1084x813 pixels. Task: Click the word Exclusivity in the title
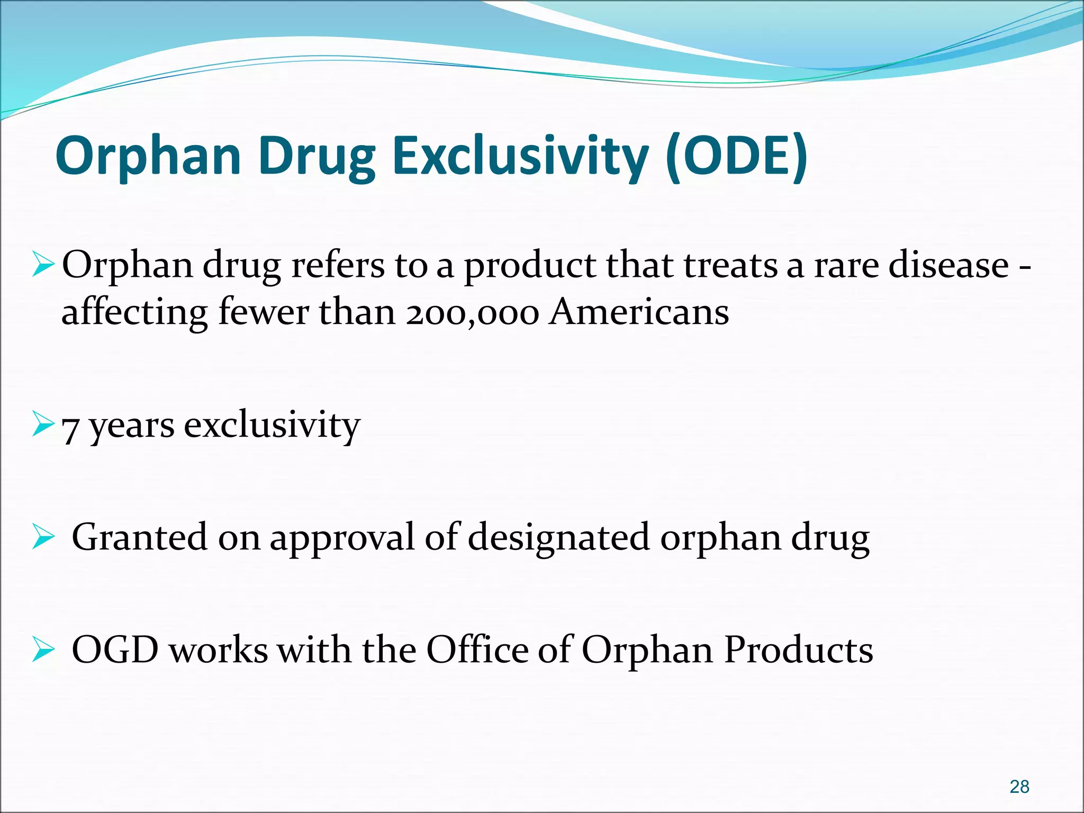520,157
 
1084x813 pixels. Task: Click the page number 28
1019,787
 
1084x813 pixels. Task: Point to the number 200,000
473,312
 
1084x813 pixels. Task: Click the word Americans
639,312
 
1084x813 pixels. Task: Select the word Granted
139,537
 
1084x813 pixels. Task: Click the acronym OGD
115,650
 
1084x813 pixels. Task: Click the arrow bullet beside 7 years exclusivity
43,424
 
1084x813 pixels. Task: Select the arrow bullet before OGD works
43,650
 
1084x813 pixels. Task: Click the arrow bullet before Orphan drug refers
43,265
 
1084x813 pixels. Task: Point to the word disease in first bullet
948,265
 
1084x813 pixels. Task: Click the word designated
558,537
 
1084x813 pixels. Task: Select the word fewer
264,312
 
